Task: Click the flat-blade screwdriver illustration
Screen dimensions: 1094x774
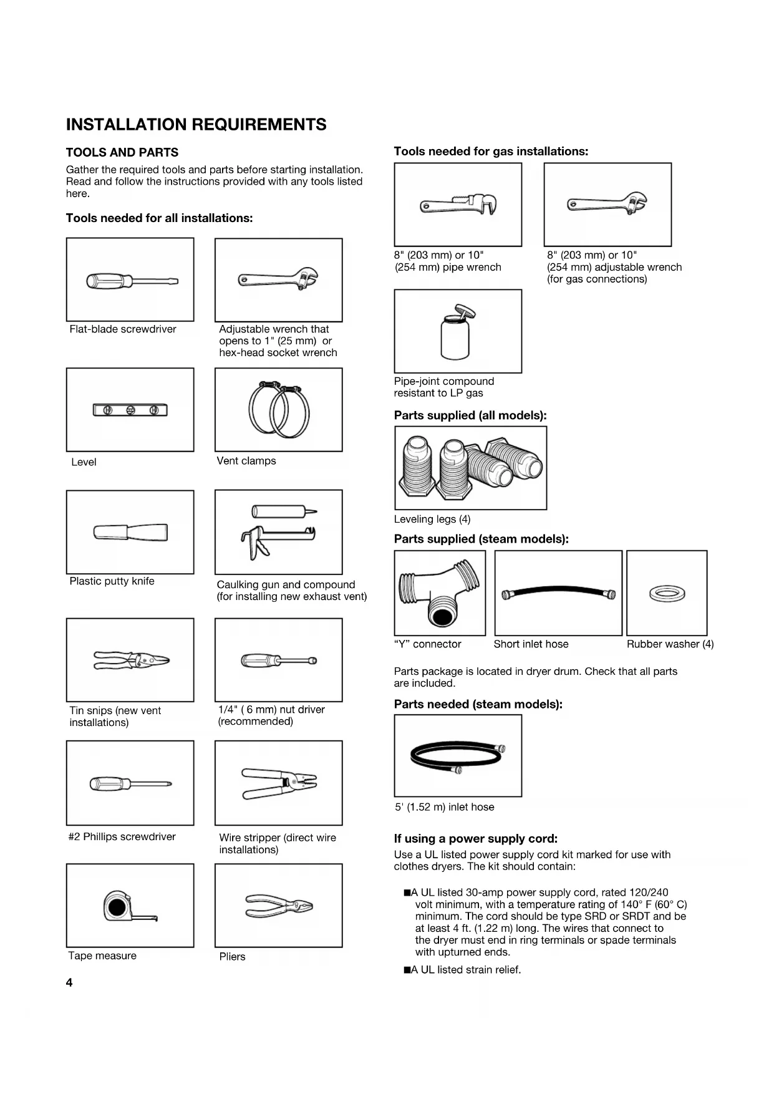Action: tap(132, 281)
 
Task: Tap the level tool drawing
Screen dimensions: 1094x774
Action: tap(130, 410)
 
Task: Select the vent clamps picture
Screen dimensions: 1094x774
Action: tap(279, 410)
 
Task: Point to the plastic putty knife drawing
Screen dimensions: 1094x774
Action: tap(130, 533)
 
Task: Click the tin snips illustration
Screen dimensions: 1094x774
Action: tap(131, 660)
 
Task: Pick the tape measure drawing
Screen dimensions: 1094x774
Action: tap(130, 906)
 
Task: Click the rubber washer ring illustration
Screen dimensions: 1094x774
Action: tap(667, 593)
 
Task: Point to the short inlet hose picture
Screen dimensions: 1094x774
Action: tap(558, 593)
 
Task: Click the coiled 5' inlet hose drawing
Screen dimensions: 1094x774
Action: tap(458, 756)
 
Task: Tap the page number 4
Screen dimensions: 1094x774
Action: tap(69, 982)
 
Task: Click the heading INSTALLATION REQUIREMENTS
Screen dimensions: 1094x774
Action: tap(196, 125)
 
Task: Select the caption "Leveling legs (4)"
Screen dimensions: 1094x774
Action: tap(432, 519)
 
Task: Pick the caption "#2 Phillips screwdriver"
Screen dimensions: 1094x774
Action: tap(122, 836)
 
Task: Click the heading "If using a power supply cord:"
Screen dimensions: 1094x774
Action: tap(475, 838)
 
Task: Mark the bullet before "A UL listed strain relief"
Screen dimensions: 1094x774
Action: tap(407, 970)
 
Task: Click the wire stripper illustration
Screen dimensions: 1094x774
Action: tap(279, 783)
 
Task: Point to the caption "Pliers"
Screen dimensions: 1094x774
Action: tap(232, 956)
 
